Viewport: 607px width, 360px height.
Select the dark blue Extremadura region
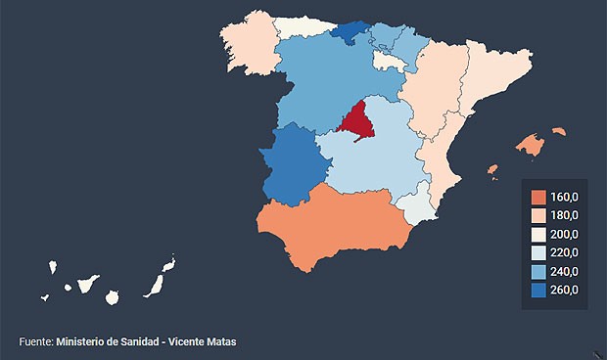[293, 163]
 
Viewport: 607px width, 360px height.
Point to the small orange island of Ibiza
[492, 171]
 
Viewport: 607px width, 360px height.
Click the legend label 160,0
[564, 198]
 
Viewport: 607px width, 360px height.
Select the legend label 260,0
[564, 290]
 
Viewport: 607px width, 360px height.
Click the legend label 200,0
[564, 235]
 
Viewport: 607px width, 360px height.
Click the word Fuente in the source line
[34, 341]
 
